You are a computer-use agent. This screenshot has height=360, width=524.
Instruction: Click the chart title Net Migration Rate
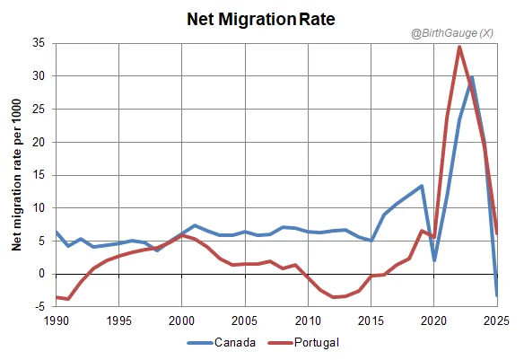tap(261, 19)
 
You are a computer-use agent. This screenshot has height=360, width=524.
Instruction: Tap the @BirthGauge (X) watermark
tap(452, 33)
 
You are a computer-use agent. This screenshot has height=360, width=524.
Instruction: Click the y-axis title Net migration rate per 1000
tap(16, 175)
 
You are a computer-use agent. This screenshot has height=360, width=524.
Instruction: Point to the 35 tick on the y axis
tap(39, 43)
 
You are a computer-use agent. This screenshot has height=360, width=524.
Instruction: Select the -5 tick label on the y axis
tap(39, 306)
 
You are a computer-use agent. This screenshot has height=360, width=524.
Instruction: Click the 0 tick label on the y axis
tap(42, 274)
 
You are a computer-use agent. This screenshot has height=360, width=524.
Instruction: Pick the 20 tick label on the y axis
tap(39, 142)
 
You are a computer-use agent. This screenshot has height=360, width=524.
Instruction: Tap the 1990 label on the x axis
tap(57, 320)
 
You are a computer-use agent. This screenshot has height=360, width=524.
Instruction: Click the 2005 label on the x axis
tap(245, 320)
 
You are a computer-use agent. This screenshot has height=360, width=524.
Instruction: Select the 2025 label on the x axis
tap(497, 320)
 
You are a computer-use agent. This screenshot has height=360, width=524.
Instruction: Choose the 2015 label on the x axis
tap(371, 320)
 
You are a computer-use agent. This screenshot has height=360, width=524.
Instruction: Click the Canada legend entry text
tap(235, 342)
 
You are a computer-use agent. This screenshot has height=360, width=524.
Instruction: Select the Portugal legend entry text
tap(317, 343)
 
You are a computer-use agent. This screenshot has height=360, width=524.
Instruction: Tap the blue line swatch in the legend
tap(200, 343)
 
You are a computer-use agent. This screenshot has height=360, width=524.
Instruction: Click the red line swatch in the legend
tap(280, 343)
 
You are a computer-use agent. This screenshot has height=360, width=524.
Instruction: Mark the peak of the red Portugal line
tap(459, 47)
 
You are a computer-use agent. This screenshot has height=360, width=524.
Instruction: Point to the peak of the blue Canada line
tap(472, 77)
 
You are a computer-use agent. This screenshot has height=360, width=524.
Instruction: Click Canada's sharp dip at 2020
tap(434, 260)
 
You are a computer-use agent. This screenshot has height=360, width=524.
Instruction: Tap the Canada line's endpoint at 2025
tap(497, 295)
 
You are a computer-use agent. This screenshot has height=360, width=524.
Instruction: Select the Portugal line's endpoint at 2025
tap(497, 233)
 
